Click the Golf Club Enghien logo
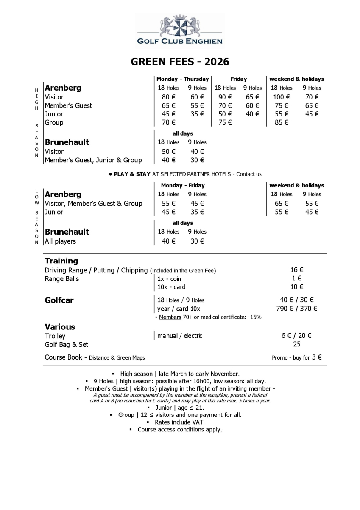click(x=180, y=31)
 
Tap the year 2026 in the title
click(x=216, y=62)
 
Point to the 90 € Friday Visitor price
click(x=225, y=97)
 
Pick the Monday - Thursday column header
click(x=182, y=79)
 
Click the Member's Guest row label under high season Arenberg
click(x=68, y=105)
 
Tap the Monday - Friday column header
click(x=182, y=185)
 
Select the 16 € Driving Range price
click(x=297, y=270)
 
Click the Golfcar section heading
click(x=59, y=300)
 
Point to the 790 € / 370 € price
click(x=296, y=309)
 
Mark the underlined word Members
click(x=170, y=317)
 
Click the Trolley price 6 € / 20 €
click(x=296, y=336)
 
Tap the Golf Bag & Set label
click(x=67, y=344)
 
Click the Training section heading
click(x=61, y=261)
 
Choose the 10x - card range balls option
click(x=171, y=287)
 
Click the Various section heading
click(x=60, y=327)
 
